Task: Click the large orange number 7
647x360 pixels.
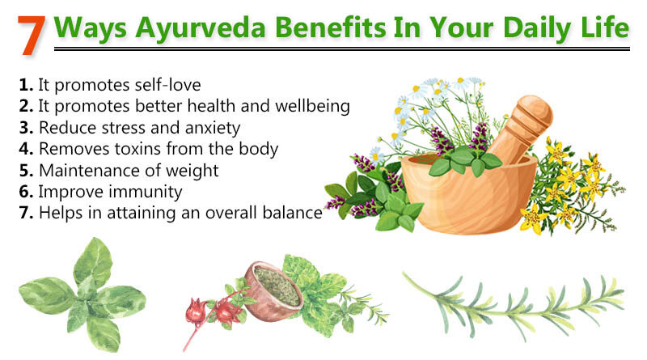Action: coord(32,36)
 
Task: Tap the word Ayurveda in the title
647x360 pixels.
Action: coord(200,28)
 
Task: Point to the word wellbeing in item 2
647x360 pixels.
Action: coord(312,106)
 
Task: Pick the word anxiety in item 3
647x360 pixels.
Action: coord(213,128)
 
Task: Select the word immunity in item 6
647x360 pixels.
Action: coord(145,192)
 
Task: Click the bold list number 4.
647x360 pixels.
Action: coord(26,149)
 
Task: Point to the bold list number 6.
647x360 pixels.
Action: coord(26,192)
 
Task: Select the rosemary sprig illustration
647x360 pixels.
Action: coord(513,306)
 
